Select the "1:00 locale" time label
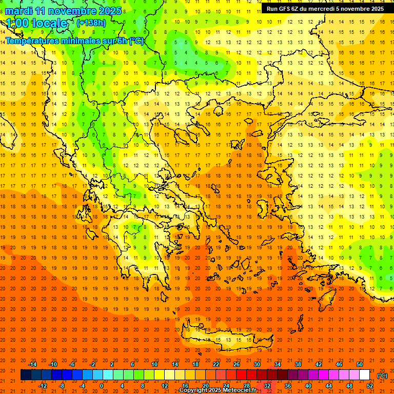[36, 23]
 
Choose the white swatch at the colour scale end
[365, 375]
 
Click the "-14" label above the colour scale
[32, 364]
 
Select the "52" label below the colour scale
[370, 386]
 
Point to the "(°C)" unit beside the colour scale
[382, 376]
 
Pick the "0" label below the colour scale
[102, 386]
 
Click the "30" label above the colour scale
[257, 364]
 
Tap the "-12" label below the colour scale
[43, 386]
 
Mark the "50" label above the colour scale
[360, 364]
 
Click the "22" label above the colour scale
[216, 364]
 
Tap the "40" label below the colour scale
[308, 386]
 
